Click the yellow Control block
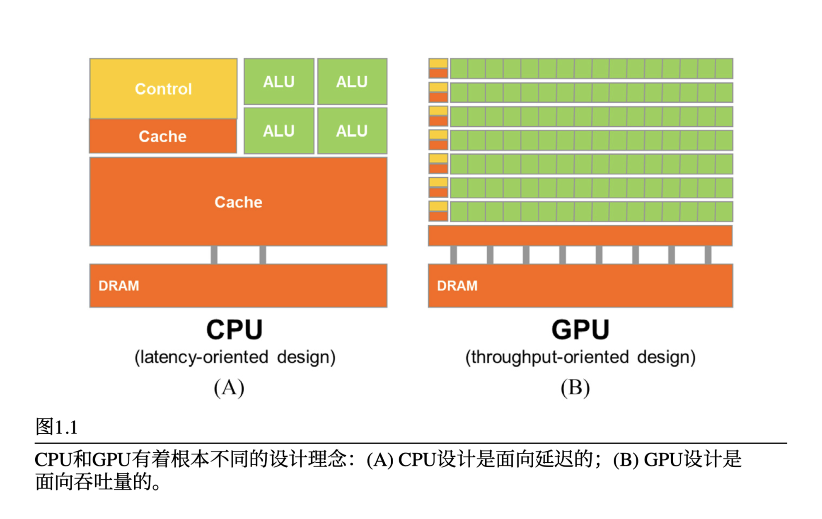(163, 89)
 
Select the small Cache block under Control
(163, 136)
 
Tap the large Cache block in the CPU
(238, 202)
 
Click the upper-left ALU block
(279, 82)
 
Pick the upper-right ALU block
(352, 82)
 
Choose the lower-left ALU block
(279, 131)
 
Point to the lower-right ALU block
(352, 131)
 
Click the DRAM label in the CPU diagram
(119, 286)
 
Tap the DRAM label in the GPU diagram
(457, 286)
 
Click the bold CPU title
(235, 330)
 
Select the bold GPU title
(580, 330)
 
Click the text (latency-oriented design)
(235, 357)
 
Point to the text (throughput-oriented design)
(580, 357)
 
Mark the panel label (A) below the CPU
(229, 388)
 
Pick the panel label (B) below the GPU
(575, 388)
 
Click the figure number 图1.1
(57, 427)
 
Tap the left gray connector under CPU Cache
(214, 255)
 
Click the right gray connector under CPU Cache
(263, 255)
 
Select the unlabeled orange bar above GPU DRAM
(580, 235)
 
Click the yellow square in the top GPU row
(438, 63)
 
